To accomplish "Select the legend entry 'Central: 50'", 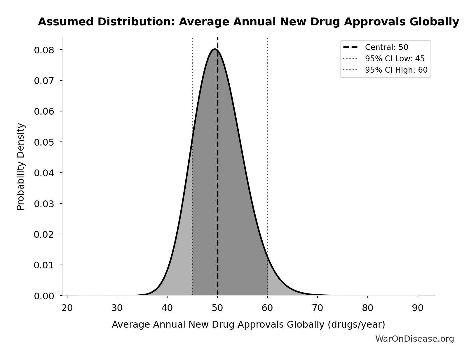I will tap(386, 47).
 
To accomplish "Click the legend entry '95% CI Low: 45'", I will tap(395, 59).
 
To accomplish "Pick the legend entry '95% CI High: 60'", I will tap(396, 70).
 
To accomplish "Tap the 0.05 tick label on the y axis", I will tap(44, 142).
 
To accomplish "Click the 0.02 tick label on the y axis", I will tap(44, 235).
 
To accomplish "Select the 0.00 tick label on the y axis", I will tap(44, 296).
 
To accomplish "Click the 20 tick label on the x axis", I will tap(67, 308).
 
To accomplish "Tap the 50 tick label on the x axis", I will tap(217, 308).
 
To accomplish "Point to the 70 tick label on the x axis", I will tap(318, 308).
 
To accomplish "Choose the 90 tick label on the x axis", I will tap(418, 308).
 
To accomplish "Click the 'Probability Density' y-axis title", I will tap(21, 166).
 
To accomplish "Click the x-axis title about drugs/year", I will tap(248, 324).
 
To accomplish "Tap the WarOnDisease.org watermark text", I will tap(414, 339).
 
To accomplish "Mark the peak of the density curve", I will tap(215, 49).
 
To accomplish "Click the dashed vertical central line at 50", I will tap(217, 175).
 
